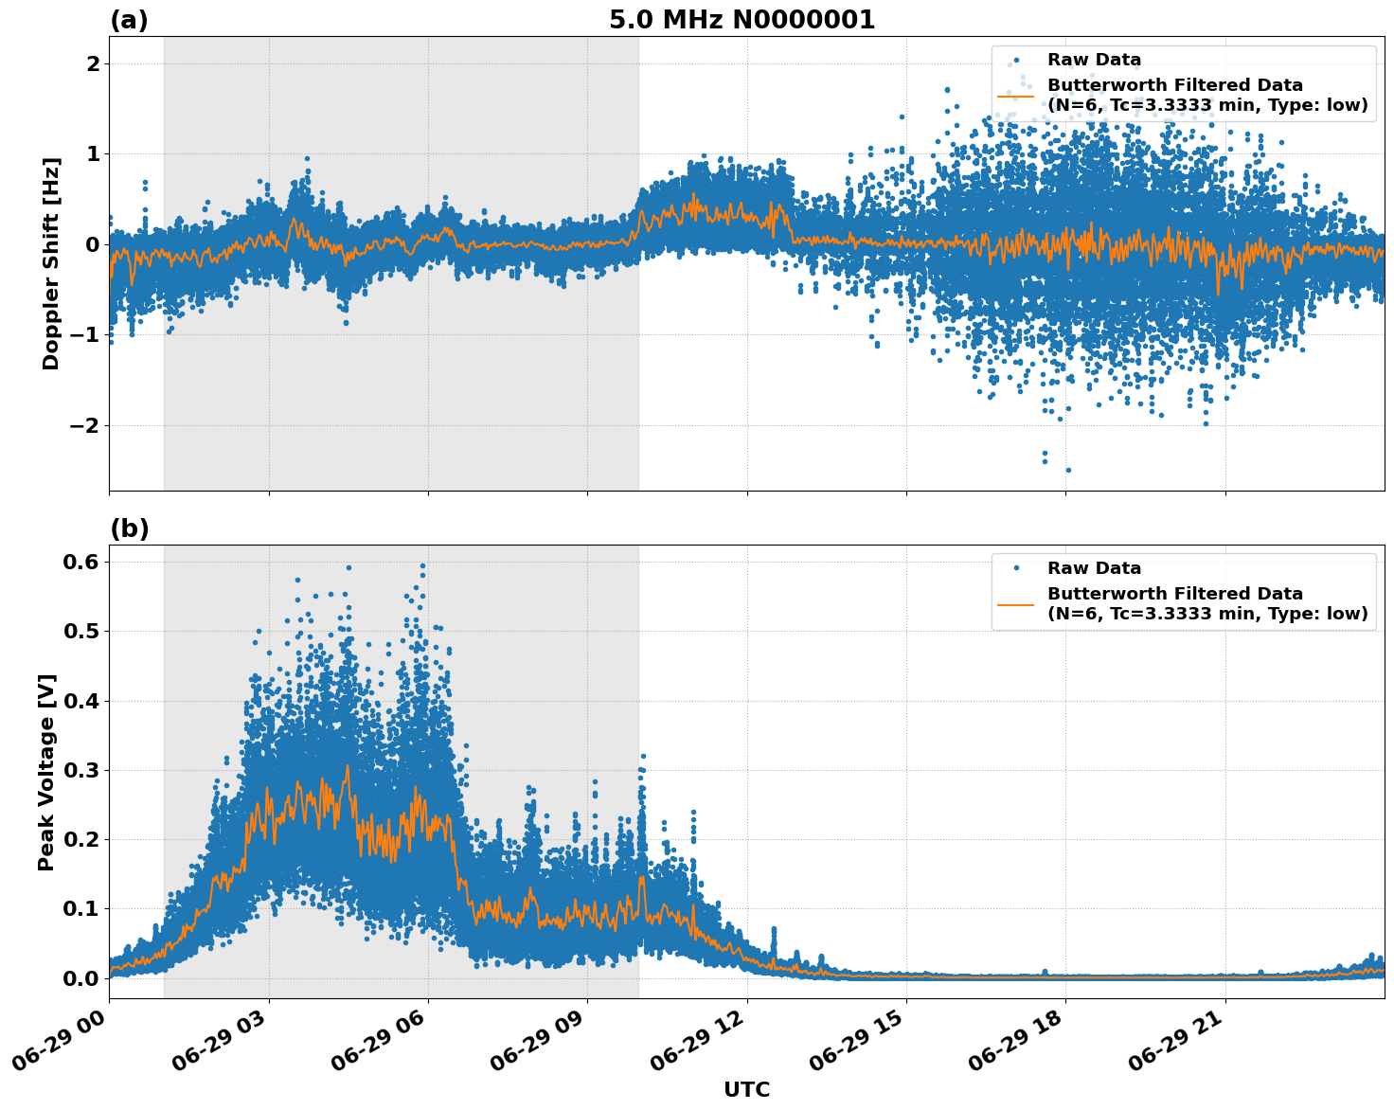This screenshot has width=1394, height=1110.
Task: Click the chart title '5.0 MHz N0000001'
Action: click(742, 20)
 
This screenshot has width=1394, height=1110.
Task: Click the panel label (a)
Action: click(129, 20)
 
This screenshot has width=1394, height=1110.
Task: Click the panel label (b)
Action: click(129, 528)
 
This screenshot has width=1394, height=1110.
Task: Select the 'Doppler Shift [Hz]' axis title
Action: click(51, 263)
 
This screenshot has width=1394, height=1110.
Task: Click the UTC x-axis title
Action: click(746, 1089)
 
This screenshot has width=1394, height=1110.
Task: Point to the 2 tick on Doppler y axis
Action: click(93, 63)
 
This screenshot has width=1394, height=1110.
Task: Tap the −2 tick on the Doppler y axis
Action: click(85, 425)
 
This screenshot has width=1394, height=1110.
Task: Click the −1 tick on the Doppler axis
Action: click(85, 334)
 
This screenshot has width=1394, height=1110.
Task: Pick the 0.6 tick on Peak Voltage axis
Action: click(81, 562)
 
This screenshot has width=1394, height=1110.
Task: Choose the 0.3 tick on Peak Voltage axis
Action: click(81, 770)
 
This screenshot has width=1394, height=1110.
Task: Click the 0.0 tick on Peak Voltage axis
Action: click(81, 978)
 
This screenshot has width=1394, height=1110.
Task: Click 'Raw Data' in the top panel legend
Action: click(1094, 60)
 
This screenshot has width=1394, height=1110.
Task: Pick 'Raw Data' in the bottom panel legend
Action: click(1094, 568)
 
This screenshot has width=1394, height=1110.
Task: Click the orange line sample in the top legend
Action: click(1015, 96)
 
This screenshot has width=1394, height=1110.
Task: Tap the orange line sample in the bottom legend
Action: click(1015, 604)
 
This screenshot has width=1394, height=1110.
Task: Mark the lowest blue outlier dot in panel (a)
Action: click(1068, 470)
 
